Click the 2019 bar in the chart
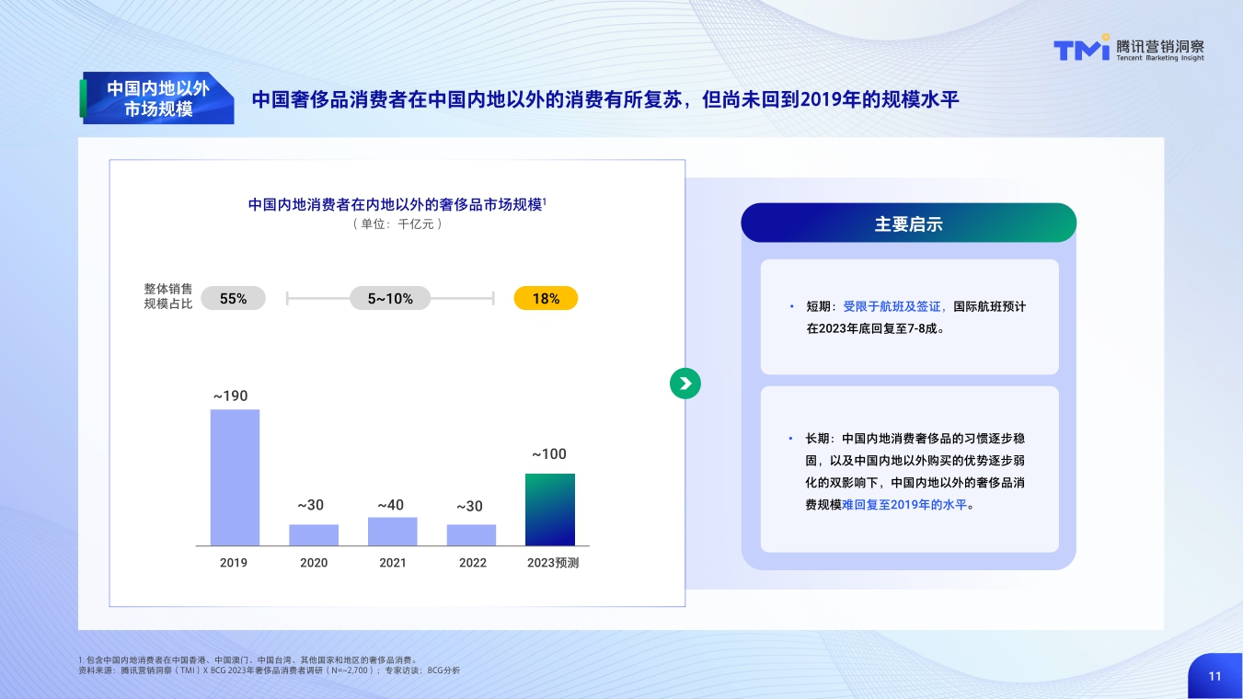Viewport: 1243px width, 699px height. coord(235,477)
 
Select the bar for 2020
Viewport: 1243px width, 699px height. coord(314,535)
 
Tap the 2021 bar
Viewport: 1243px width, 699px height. coord(393,532)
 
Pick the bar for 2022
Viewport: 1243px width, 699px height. coord(471,535)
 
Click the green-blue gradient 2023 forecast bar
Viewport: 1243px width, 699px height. coord(550,510)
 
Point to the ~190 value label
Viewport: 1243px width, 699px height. coord(231,396)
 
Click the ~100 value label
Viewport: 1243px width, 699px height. coord(549,454)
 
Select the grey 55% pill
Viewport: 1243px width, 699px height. coord(233,298)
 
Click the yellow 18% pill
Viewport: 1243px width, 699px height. coord(546,298)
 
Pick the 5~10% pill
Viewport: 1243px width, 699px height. coord(390,298)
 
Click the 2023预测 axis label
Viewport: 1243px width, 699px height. coord(553,563)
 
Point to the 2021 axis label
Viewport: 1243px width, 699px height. coord(393,563)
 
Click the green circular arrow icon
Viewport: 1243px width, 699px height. coord(685,384)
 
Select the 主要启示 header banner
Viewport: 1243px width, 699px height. coord(908,223)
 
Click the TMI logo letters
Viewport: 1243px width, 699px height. coord(1081,50)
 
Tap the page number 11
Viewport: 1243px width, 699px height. coord(1214,676)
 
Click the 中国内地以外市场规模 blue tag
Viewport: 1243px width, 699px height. coord(157,98)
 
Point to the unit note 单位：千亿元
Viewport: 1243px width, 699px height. coord(397,223)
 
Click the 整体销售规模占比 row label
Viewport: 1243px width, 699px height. coord(168,296)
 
